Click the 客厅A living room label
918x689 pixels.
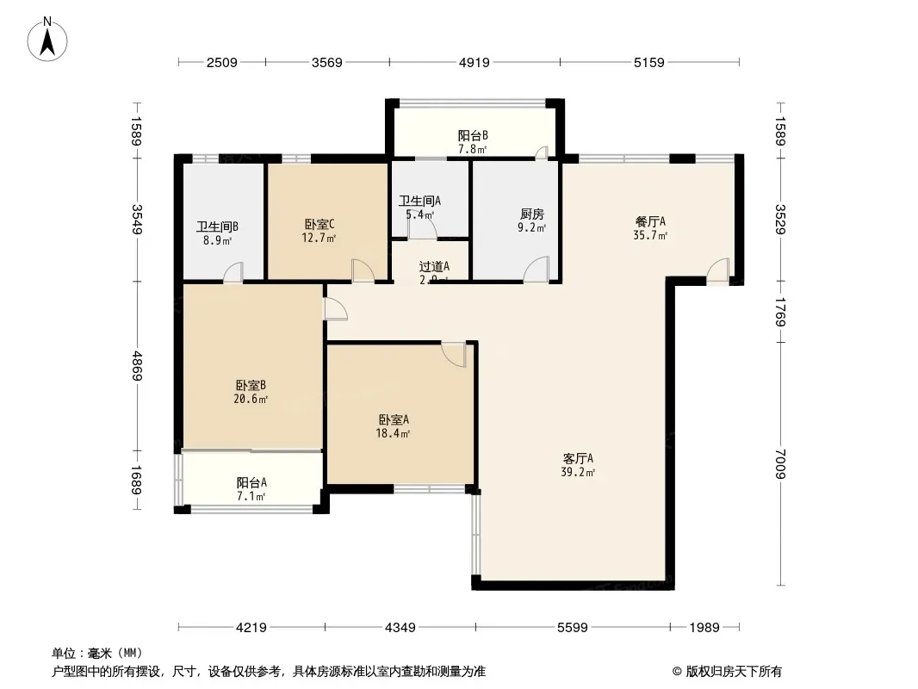579,458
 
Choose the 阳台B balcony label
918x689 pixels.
473,135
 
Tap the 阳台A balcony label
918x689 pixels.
251,482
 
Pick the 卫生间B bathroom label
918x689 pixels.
217,227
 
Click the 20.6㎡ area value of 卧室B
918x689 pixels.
251,399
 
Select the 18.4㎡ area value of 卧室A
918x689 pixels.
394,433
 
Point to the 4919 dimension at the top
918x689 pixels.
474,62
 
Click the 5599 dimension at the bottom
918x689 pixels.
572,628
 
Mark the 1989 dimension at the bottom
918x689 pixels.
704,628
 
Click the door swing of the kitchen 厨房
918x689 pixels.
537,270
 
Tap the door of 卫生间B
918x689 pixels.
233,272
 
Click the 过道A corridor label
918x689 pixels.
433,267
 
